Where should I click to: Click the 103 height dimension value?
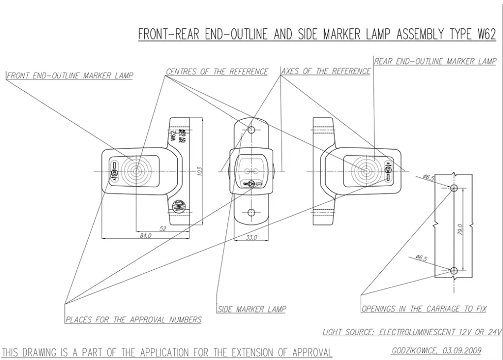198,171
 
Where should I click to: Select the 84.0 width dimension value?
146,236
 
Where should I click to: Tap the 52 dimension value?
163,228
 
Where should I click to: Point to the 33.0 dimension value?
251,237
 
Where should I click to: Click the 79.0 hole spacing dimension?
461,229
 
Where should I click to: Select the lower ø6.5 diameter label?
421,258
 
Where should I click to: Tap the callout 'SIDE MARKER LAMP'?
252,309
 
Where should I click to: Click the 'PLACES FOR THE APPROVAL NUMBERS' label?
133,320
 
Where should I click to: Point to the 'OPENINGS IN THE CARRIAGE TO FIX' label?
424,309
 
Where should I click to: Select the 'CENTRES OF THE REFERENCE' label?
217,72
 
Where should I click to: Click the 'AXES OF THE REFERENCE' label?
326,71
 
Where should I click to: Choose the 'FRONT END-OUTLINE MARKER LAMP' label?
70,76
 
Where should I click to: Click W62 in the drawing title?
486,35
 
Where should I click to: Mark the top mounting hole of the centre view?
251,129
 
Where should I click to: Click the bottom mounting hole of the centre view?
251,212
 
